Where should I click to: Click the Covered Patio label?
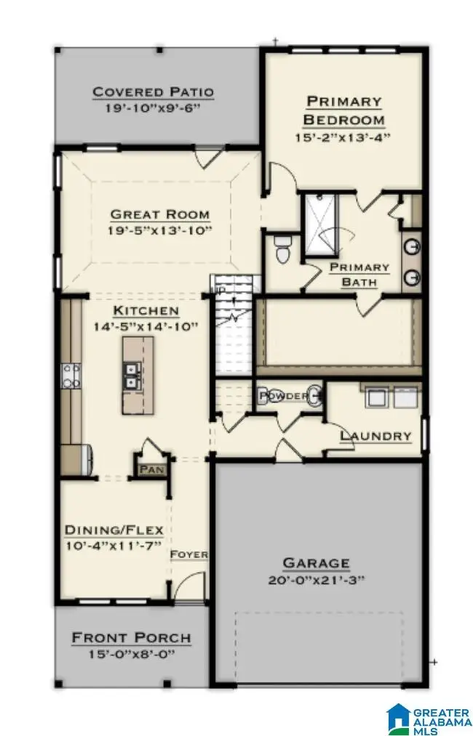click(x=153, y=92)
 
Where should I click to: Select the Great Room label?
click(x=160, y=214)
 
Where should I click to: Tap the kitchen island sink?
click(x=132, y=375)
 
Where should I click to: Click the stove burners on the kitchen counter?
click(x=71, y=376)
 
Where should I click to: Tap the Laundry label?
click(x=376, y=436)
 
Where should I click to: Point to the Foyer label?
click(x=189, y=554)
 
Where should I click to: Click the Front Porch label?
click(x=132, y=638)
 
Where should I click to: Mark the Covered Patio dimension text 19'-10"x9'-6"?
click(x=153, y=108)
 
